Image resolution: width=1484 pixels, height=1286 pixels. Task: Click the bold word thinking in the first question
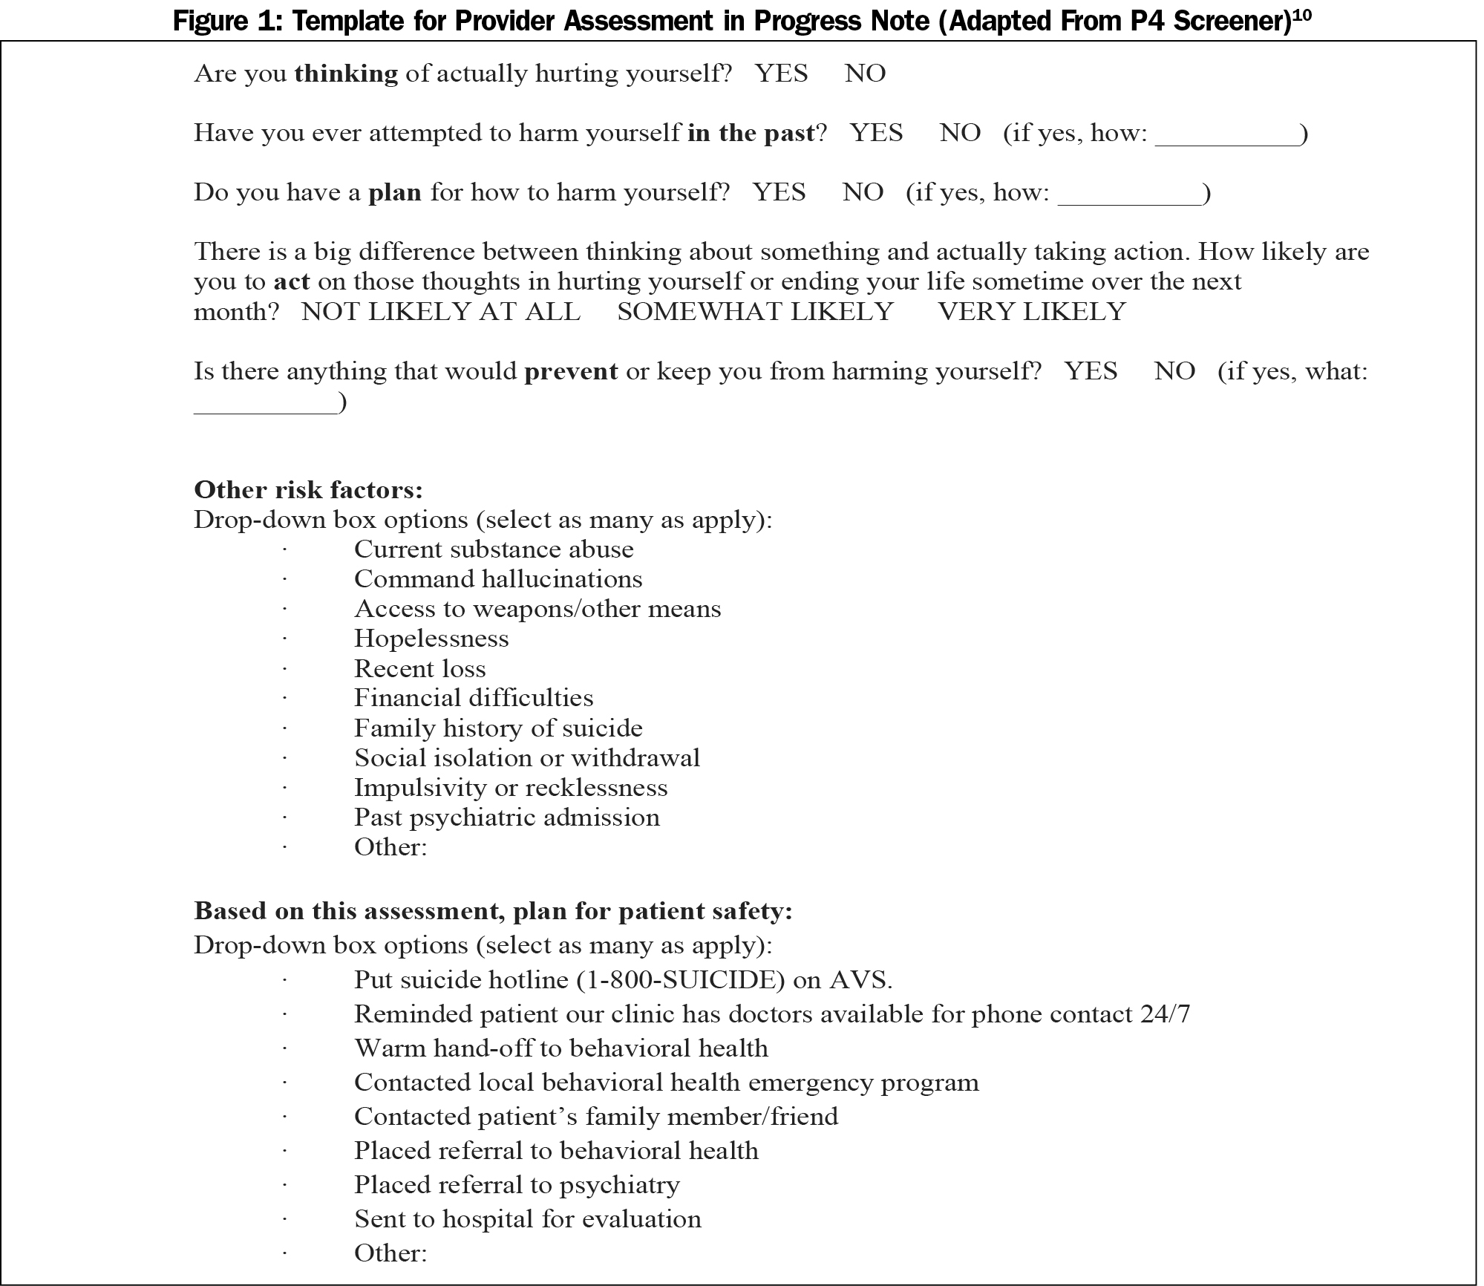pyautogui.click(x=346, y=74)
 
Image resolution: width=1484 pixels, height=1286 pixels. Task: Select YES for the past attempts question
pyautogui.click(x=876, y=133)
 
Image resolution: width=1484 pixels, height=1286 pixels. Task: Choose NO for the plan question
pyautogui.click(x=863, y=192)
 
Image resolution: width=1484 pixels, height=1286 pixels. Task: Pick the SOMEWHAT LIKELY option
pyautogui.click(x=755, y=311)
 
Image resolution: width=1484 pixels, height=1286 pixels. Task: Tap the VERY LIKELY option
pyautogui.click(x=1032, y=311)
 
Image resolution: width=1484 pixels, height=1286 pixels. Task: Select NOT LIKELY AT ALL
pyautogui.click(x=440, y=311)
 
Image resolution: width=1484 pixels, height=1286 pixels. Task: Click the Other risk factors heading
pyautogui.click(x=308, y=490)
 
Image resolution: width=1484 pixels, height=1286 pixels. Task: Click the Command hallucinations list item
pyautogui.click(x=498, y=579)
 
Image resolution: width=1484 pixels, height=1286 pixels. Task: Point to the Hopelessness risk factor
pyautogui.click(x=431, y=639)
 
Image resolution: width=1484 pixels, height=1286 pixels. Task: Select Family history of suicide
pyautogui.click(x=498, y=728)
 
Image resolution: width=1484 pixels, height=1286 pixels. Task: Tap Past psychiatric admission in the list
pyautogui.click(x=506, y=817)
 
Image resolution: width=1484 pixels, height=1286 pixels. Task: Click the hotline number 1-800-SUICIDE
pyautogui.click(x=681, y=980)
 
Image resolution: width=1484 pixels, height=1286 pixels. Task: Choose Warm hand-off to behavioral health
pyautogui.click(x=560, y=1048)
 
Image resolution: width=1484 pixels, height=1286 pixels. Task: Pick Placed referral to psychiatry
pyautogui.click(x=517, y=1185)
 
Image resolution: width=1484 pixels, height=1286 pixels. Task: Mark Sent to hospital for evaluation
pyautogui.click(x=527, y=1219)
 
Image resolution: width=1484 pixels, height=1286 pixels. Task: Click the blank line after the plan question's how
pyautogui.click(x=1129, y=195)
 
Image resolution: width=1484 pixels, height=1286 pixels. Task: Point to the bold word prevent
pyautogui.click(x=571, y=371)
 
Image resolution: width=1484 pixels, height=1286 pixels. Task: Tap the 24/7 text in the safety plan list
pyautogui.click(x=1164, y=1014)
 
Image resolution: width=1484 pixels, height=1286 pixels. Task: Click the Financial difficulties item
pyautogui.click(x=474, y=698)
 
